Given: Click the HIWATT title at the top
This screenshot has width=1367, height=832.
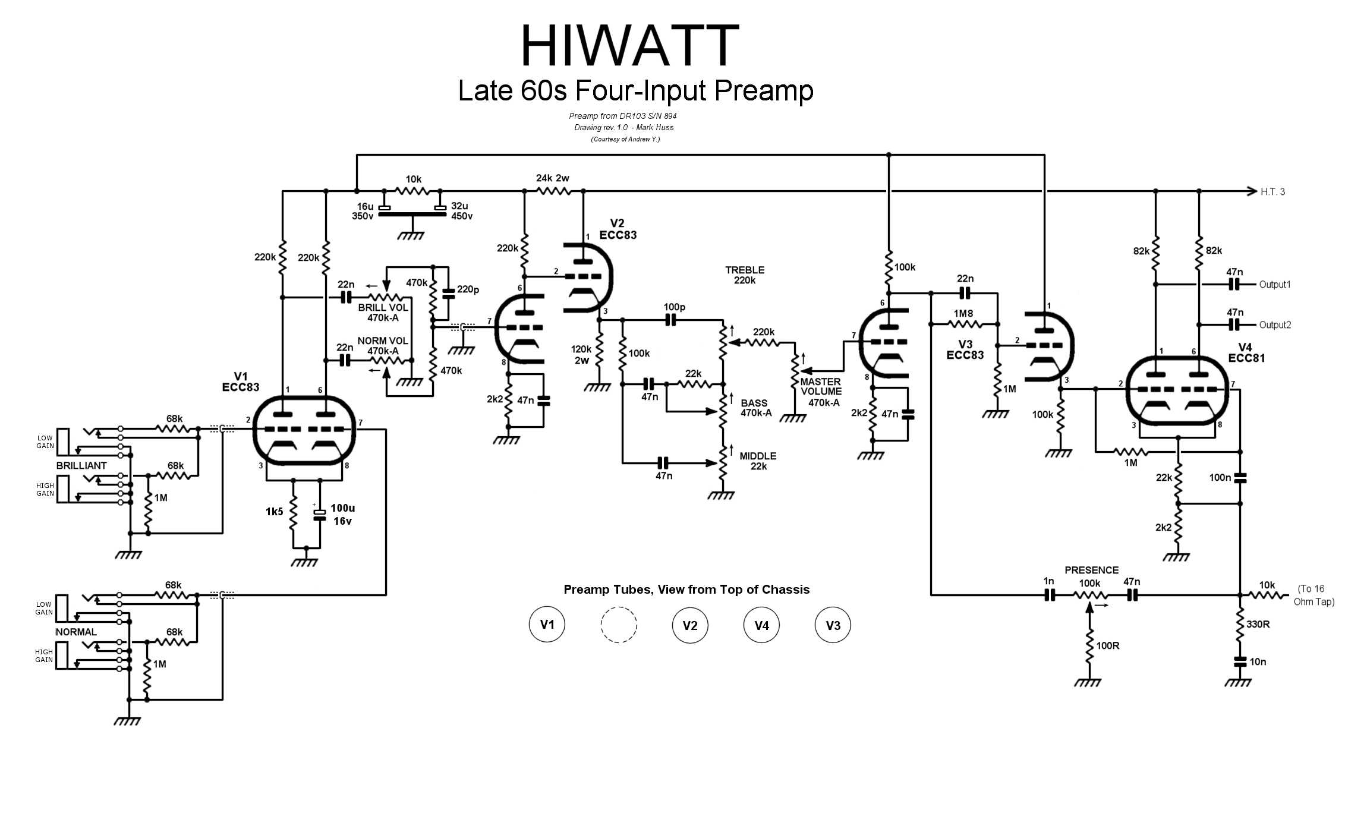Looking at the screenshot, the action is (x=629, y=46).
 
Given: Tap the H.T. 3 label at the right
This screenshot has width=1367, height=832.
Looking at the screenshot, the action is (x=1272, y=192).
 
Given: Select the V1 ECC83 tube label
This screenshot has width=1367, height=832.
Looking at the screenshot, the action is (x=241, y=382).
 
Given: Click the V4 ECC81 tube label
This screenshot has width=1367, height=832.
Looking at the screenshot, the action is (x=1246, y=352).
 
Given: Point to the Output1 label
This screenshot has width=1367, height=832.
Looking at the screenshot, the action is (x=1275, y=285).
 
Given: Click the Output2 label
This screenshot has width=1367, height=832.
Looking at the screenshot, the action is (x=1275, y=325).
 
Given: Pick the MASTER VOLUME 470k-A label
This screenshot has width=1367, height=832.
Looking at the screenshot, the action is (x=821, y=392).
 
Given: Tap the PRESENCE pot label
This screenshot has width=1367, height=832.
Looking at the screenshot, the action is (x=1091, y=571).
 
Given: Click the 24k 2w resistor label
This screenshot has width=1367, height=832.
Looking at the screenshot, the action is (x=552, y=178).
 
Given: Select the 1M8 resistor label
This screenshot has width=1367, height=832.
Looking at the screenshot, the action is (x=963, y=314).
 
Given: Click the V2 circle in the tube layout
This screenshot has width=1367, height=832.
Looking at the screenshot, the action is (x=690, y=625).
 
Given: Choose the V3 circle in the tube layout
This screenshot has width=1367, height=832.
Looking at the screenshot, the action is (x=833, y=625).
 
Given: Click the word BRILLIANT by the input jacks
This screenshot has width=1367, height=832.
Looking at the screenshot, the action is (x=81, y=466).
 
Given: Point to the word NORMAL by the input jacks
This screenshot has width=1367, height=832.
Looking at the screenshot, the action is (x=76, y=632).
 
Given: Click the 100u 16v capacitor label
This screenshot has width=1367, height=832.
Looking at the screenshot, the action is (x=342, y=515).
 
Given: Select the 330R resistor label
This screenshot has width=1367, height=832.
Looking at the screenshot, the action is (x=1258, y=625).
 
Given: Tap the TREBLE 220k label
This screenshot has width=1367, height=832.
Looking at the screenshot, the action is (x=745, y=275).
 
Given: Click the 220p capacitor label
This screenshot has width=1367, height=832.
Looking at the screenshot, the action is (x=468, y=289).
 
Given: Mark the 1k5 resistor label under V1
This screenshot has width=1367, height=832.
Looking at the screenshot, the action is (x=274, y=512).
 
